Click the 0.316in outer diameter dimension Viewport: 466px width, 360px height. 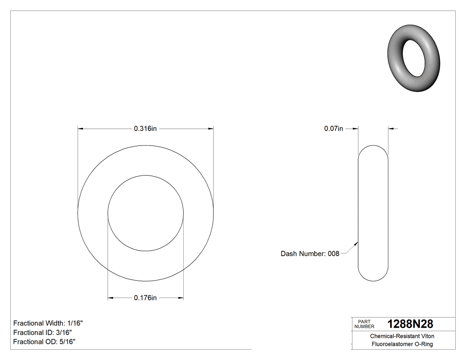tap(146, 129)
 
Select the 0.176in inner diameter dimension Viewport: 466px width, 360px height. tap(146, 298)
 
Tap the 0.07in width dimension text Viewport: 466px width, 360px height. tap(333, 129)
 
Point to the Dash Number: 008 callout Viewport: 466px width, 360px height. tap(310, 254)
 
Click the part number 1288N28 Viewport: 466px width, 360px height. tap(410, 324)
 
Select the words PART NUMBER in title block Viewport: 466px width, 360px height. tap(364, 324)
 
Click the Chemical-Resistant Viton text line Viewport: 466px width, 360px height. tap(402, 336)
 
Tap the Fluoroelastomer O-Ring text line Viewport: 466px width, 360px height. tap(402, 344)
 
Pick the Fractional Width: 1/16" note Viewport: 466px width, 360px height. tap(48, 323)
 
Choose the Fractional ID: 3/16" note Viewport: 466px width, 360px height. tap(43, 332)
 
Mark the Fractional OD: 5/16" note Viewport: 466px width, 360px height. tap(44, 342)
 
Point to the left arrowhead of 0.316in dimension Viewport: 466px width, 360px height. tap(81, 129)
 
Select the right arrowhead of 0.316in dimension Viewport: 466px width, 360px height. tap(211, 129)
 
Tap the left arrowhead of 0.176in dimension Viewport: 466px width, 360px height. tap(111, 298)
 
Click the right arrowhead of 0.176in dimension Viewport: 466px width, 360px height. tap(181, 298)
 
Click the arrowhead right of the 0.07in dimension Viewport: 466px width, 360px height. tap(391, 129)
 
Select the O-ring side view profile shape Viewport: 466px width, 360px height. tap(373, 213)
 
